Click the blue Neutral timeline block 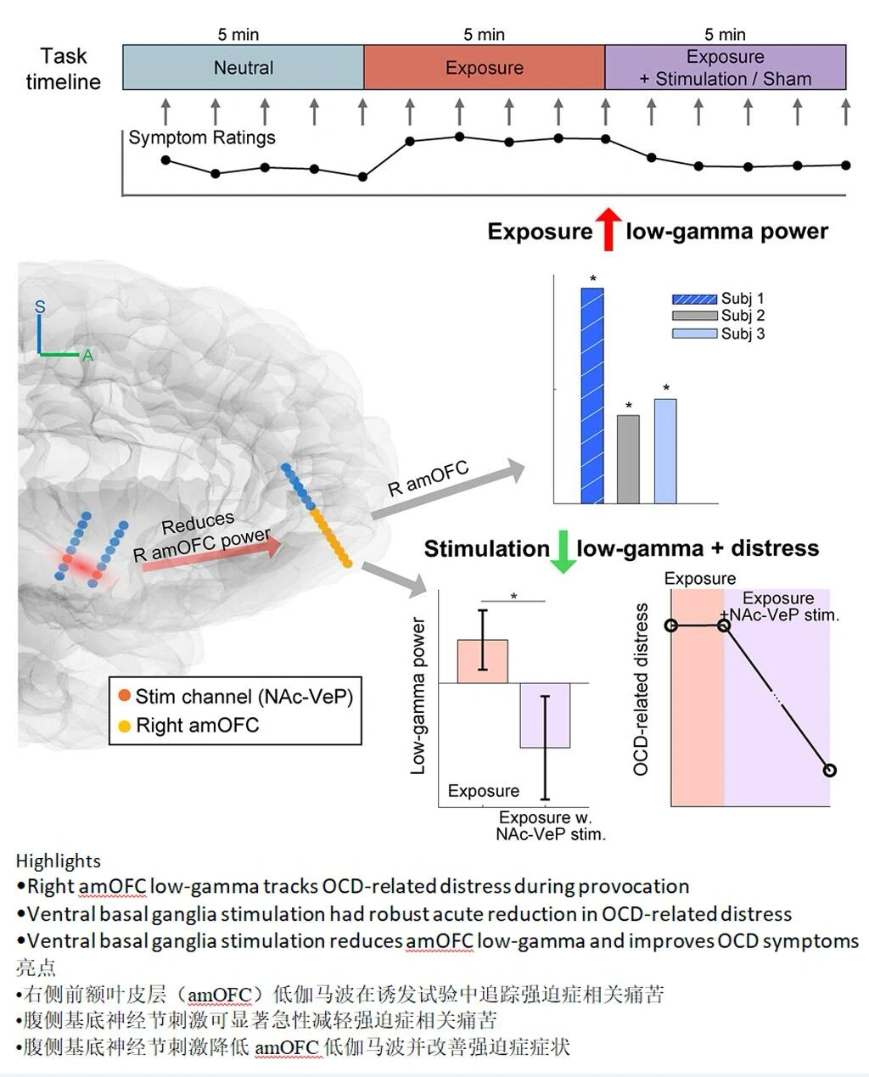pyautogui.click(x=244, y=68)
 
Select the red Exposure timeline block pyautogui.click(x=484, y=68)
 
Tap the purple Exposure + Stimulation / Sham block pyautogui.click(x=725, y=68)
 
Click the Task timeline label pyautogui.click(x=63, y=69)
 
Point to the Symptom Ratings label pyautogui.click(x=202, y=137)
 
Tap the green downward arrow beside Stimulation pyautogui.click(x=563, y=551)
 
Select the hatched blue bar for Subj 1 pyautogui.click(x=592, y=395)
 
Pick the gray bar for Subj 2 pyautogui.click(x=628, y=459)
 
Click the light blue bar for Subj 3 pyautogui.click(x=665, y=451)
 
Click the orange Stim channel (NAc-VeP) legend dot pyautogui.click(x=125, y=697)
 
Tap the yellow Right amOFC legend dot pyautogui.click(x=125, y=726)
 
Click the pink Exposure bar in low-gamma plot pyautogui.click(x=482, y=661)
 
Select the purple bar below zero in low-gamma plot pyautogui.click(x=545, y=715)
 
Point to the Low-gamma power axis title pyautogui.click(x=418, y=696)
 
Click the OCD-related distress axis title pyautogui.click(x=642, y=689)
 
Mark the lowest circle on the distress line pyautogui.click(x=830, y=770)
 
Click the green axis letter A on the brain pyautogui.click(x=87, y=356)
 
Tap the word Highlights pyautogui.click(x=58, y=861)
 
